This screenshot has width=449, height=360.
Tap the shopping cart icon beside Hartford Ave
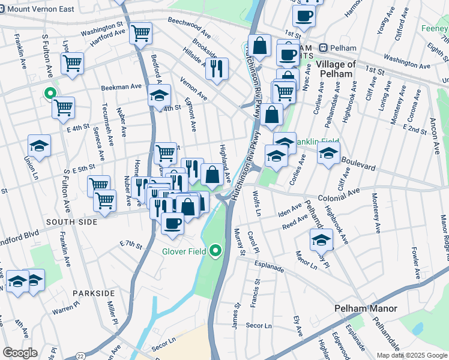pos(140,34)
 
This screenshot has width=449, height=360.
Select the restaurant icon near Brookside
pos(217,68)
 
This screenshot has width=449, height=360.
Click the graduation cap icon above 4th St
pos(159,95)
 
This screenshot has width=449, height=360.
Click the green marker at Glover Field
pos(215,251)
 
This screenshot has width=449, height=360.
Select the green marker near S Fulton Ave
pos(50,94)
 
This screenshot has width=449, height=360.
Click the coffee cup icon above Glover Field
pos(173,223)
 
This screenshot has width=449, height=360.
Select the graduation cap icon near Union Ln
pos(40,146)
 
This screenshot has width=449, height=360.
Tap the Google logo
pos(20,353)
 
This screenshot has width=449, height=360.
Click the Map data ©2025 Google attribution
pos(412,355)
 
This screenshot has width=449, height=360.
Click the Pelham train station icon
pos(323,47)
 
